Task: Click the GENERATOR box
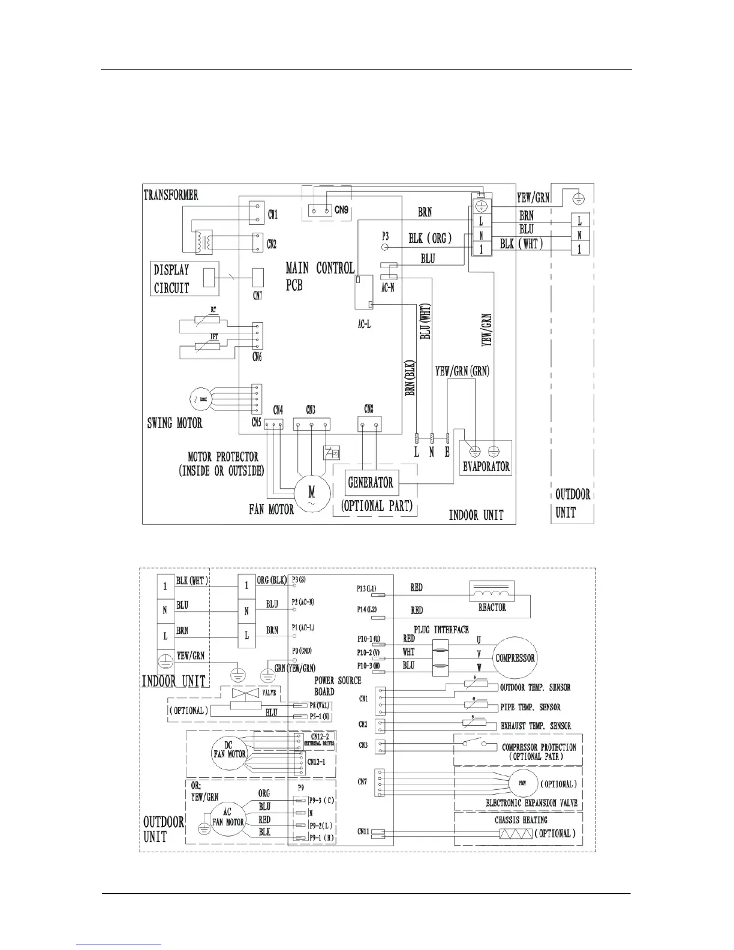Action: click(371, 482)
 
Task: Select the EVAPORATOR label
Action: click(486, 466)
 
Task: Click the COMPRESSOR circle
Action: click(515, 657)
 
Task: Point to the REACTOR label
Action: click(492, 608)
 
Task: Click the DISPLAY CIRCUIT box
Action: click(184, 278)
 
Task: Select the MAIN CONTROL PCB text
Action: click(320, 276)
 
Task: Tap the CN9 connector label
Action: click(341, 211)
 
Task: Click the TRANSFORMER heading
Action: click(171, 195)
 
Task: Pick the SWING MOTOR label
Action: click(175, 423)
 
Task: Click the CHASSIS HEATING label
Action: click(521, 819)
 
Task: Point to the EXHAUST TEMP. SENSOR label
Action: click(536, 726)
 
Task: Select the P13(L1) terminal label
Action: click(366, 589)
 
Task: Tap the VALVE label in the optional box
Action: click(269, 693)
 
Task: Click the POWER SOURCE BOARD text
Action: click(338, 686)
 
